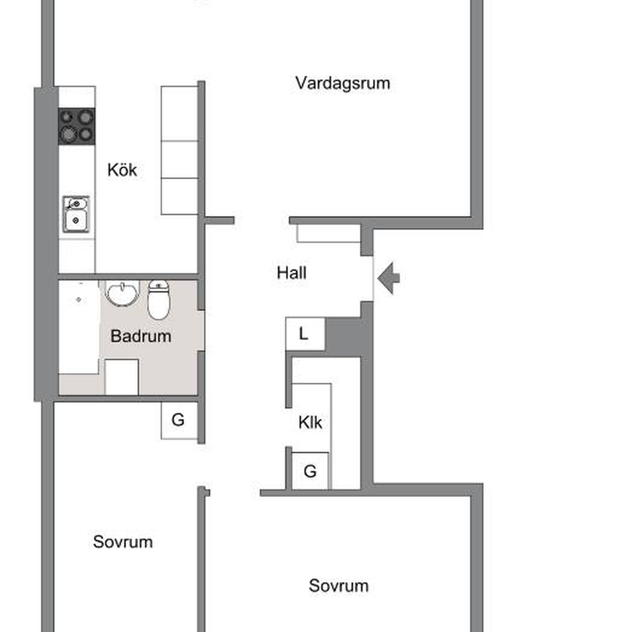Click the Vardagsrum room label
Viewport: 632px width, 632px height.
point(343,83)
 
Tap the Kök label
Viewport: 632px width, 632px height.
point(122,170)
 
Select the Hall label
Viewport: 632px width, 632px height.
point(292,273)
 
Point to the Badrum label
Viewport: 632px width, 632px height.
point(141,336)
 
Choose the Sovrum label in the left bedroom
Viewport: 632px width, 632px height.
point(123,542)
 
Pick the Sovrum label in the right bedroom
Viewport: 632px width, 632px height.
point(339,586)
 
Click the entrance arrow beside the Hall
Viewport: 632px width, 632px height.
point(389,278)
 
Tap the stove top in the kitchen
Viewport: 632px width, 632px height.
point(77,126)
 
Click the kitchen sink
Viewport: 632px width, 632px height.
point(76,214)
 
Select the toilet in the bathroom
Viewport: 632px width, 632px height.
point(159,300)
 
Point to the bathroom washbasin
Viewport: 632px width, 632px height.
point(122,293)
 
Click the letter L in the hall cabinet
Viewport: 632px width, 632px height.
point(304,334)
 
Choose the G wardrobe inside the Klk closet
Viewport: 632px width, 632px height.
point(310,471)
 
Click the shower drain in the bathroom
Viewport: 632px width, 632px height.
point(78,300)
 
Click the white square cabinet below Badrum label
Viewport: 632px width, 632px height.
point(122,377)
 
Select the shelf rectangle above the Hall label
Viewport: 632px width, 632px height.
point(329,233)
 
